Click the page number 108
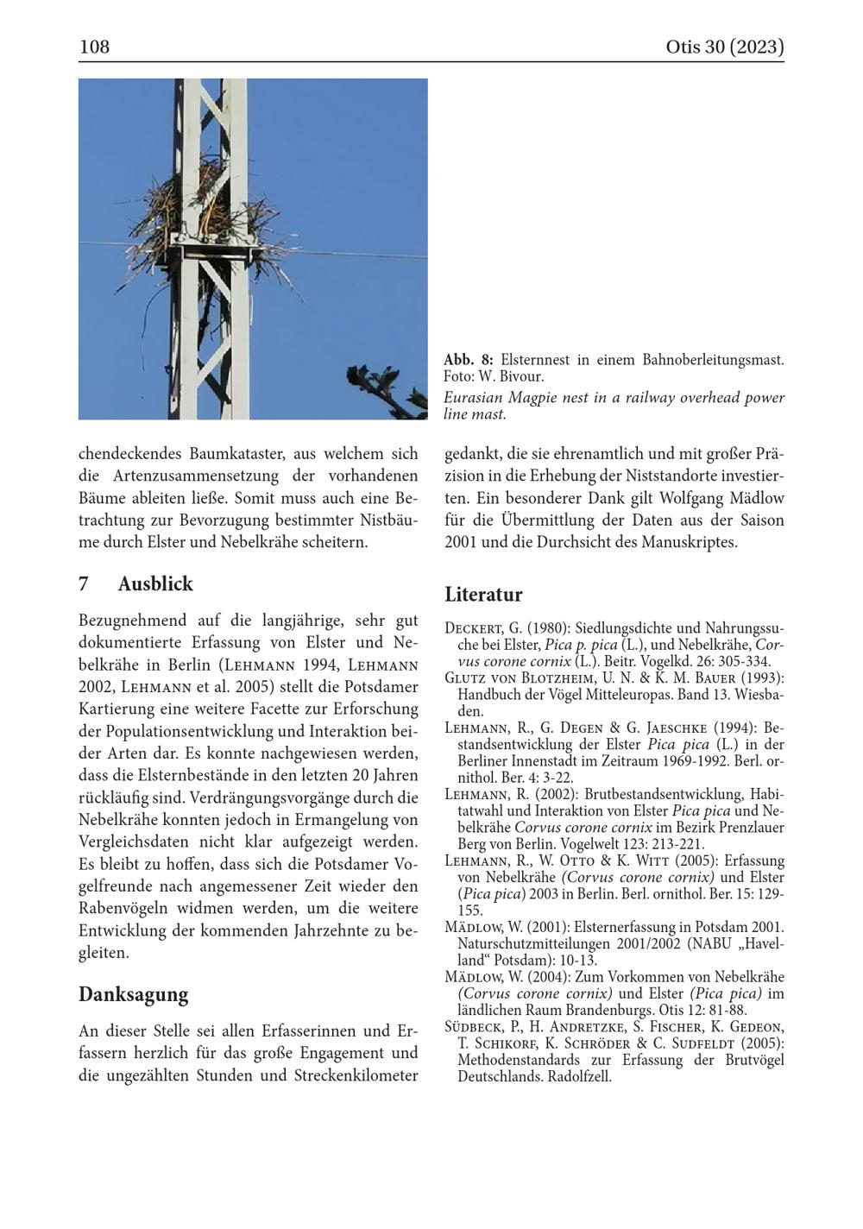(94, 47)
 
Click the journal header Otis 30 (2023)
(724, 47)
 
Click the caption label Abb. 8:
(469, 359)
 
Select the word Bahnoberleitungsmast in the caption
(713, 359)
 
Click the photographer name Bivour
(522, 376)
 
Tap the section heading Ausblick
(155, 583)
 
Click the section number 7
(84, 583)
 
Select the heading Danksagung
(133, 994)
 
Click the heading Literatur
(483, 595)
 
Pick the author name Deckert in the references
(473, 628)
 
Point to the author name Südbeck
(473, 1027)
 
